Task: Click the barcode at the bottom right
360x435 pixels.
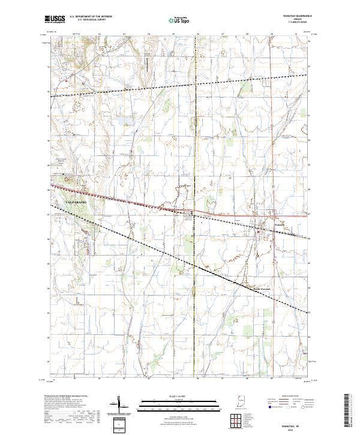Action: (349, 410)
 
